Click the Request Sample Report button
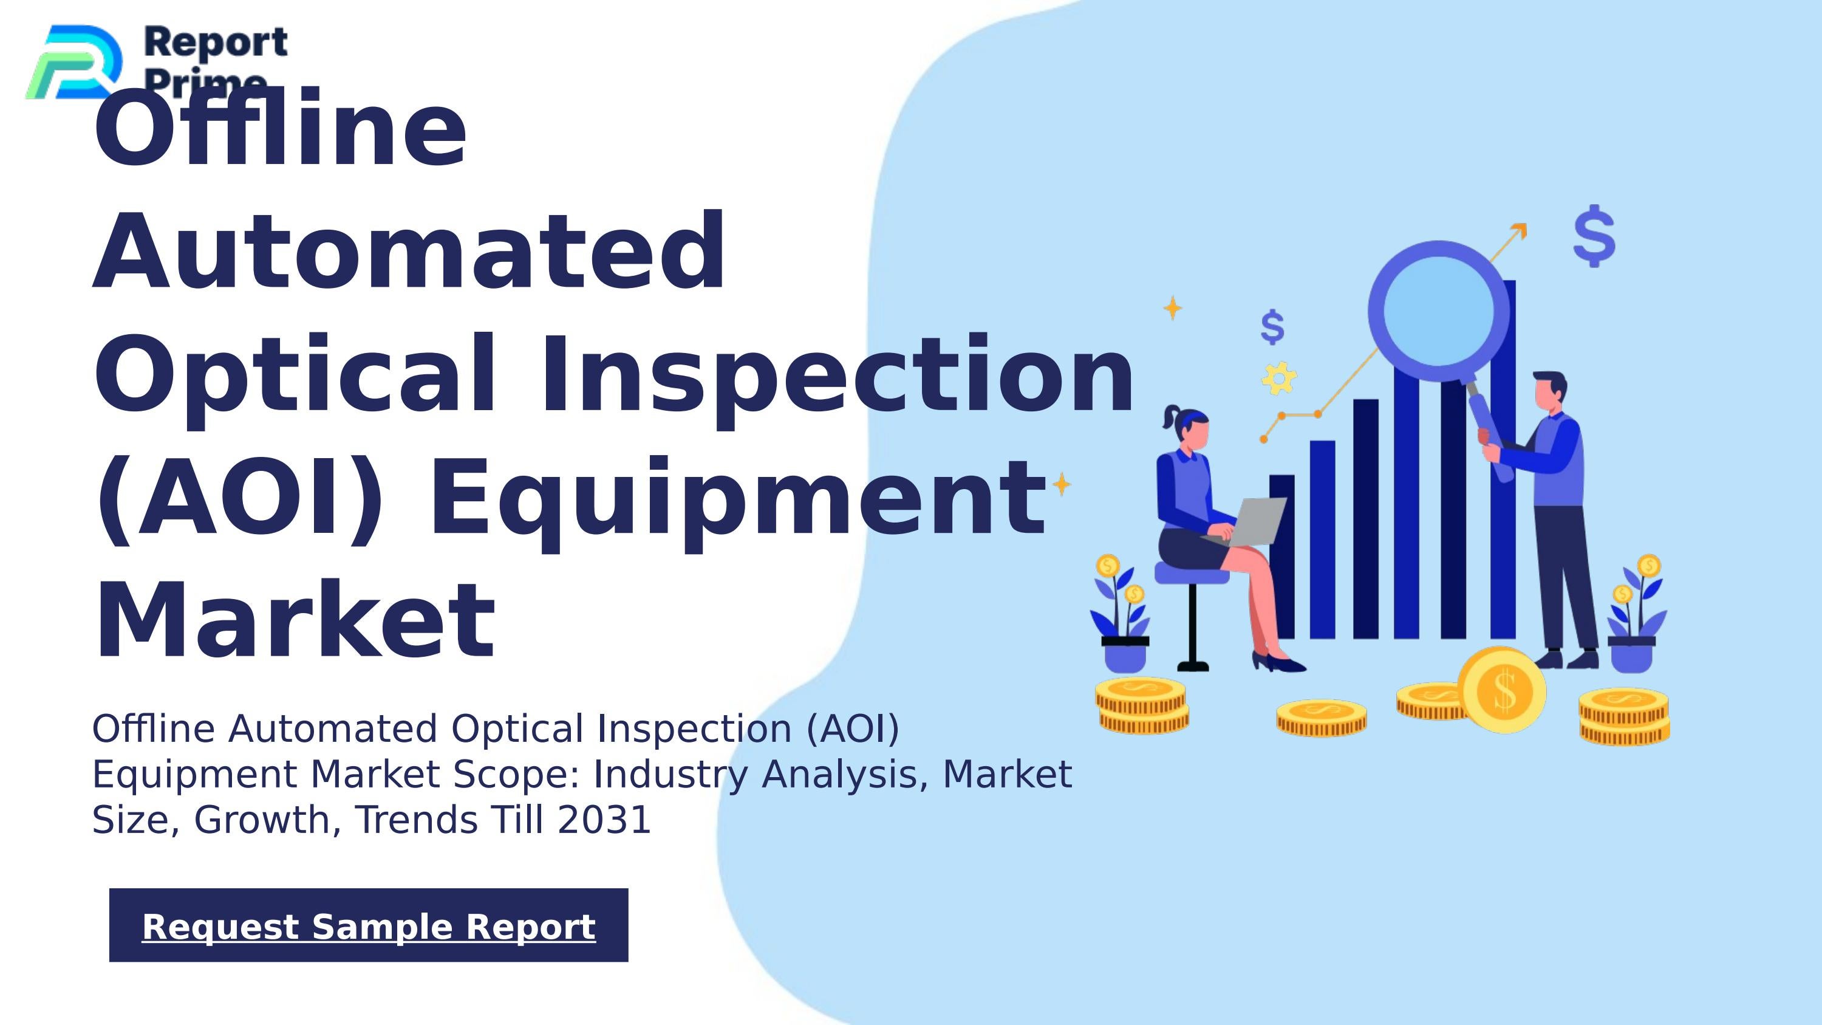[369, 925]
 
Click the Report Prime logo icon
[73, 62]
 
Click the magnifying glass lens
[1438, 312]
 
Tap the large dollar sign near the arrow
[1594, 236]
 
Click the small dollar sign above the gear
[1272, 327]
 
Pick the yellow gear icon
[1279, 379]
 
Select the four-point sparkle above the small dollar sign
[1172, 307]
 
